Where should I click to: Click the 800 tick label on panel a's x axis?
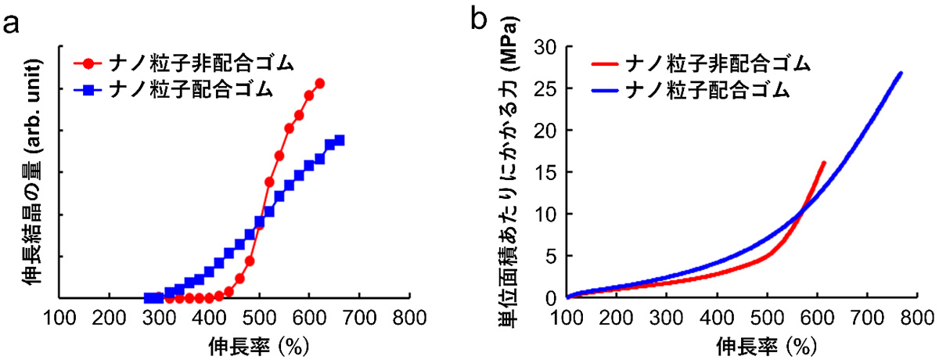tap(408, 319)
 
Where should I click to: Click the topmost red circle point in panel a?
tap(319, 83)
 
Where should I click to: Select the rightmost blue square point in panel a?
tap(340, 140)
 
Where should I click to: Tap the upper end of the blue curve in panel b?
tap(901, 73)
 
